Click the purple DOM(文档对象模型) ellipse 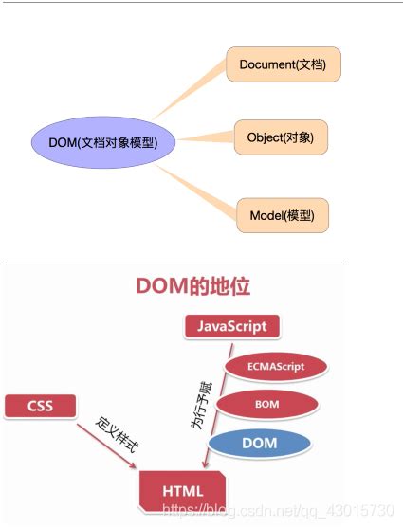pyautogui.click(x=103, y=143)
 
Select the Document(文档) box pyautogui.click(x=283, y=64)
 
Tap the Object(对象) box pyautogui.click(x=282, y=138)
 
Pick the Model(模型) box pyautogui.click(x=283, y=214)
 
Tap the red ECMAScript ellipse pyautogui.click(x=275, y=366)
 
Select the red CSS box pyautogui.click(x=39, y=407)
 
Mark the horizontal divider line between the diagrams pyautogui.click(x=172, y=264)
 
